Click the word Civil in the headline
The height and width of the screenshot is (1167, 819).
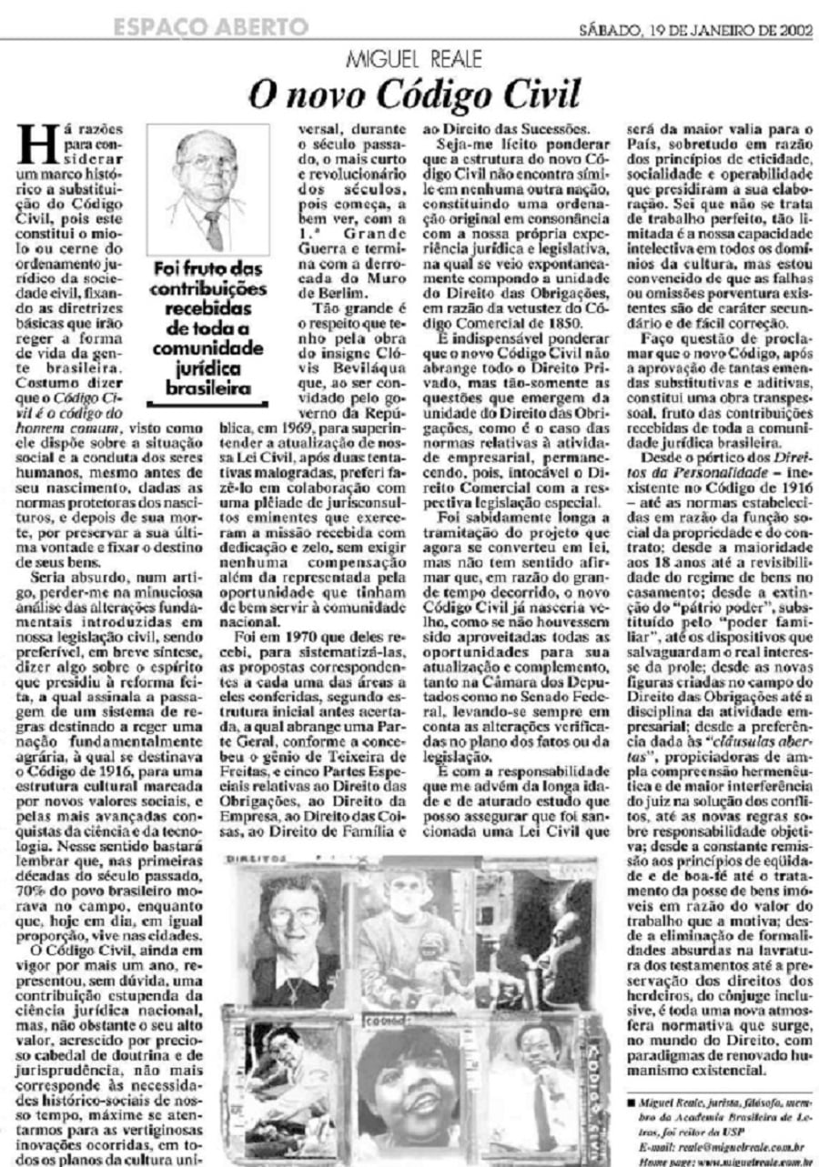pyautogui.click(x=530, y=95)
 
